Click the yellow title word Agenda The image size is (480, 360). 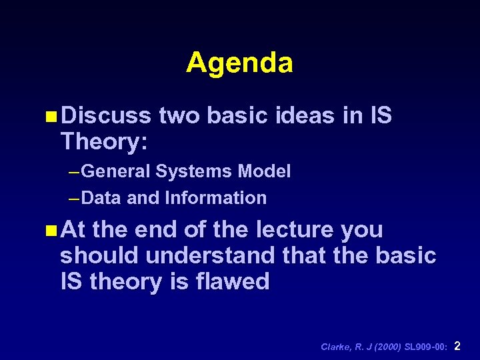click(239, 63)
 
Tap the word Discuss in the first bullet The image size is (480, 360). click(106, 116)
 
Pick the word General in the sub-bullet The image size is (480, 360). click(117, 172)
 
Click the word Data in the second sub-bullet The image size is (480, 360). click(103, 198)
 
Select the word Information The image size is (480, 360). click(215, 198)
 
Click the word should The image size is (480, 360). click(100, 256)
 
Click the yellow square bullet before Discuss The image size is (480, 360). click(53, 117)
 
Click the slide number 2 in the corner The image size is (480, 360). click(457, 346)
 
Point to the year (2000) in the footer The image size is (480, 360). click(385, 347)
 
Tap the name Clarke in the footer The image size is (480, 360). click(335, 347)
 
